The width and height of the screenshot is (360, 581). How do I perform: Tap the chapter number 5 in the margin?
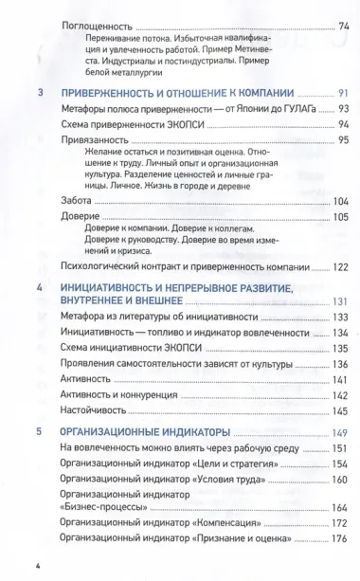point(39,406)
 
